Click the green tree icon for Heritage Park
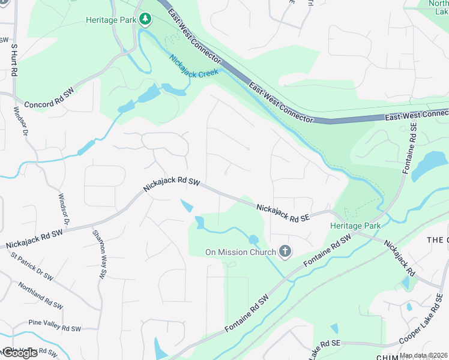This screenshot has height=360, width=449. [x=145, y=20]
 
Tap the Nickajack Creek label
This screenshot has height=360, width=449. [x=193, y=70]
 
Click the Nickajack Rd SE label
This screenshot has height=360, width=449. [x=283, y=213]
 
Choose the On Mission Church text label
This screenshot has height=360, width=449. [x=240, y=252]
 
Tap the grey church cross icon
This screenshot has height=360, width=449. [x=285, y=252]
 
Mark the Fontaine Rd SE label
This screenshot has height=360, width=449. [x=412, y=148]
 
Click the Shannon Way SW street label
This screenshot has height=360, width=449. [x=98, y=254]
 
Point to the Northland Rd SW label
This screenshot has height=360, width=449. [x=40, y=296]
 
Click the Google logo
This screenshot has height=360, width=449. [x=20, y=353]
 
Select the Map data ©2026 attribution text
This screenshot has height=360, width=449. [x=423, y=355]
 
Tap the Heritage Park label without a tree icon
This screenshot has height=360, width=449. [x=355, y=226]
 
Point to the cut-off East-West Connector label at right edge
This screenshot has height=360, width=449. [x=417, y=114]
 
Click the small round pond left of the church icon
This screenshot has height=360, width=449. [x=253, y=240]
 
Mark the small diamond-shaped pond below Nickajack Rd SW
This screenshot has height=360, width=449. [x=186, y=206]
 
